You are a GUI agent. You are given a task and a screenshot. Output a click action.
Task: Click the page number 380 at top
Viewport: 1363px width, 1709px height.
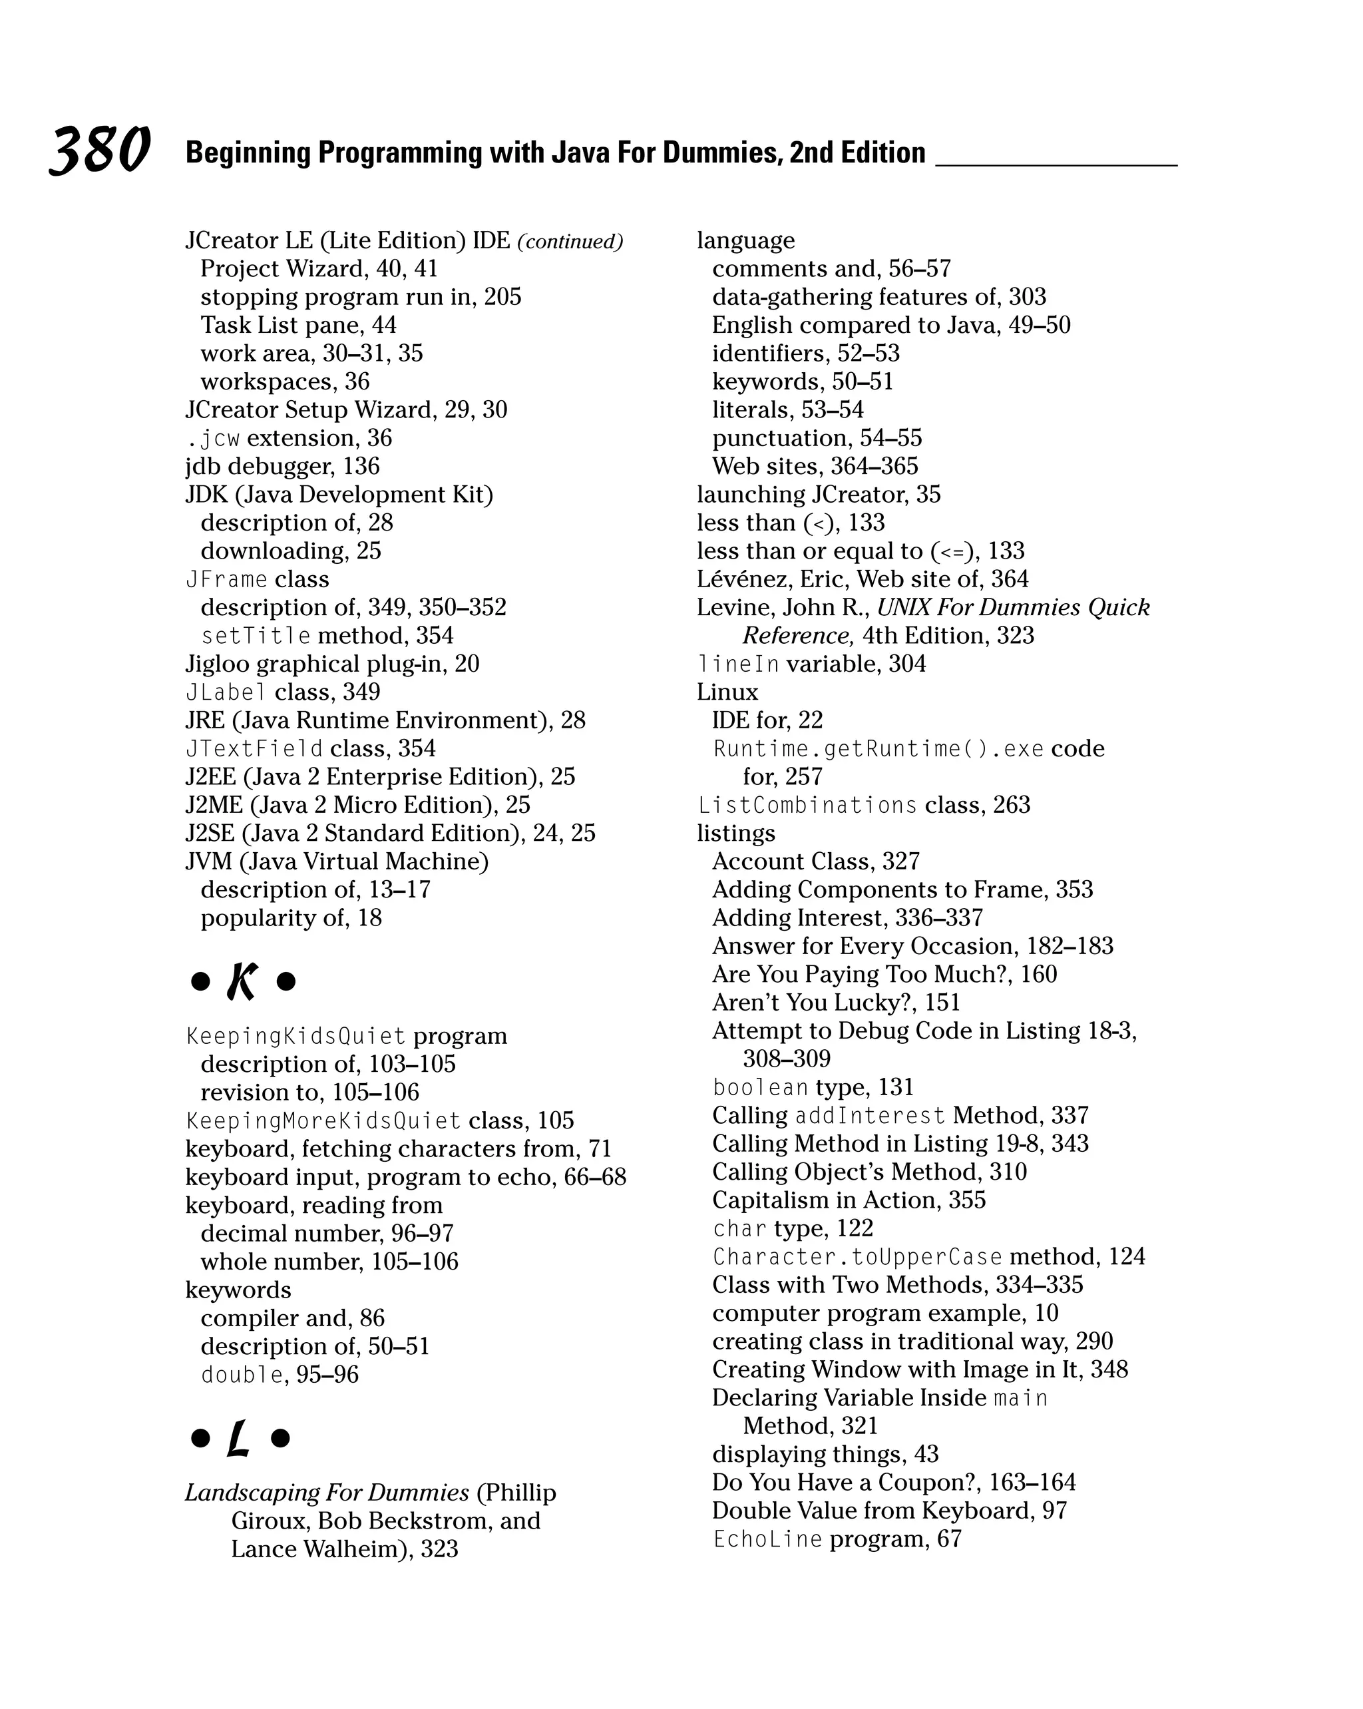click(x=100, y=150)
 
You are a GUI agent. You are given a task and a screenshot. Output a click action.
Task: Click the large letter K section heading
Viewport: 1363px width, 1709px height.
click(x=242, y=982)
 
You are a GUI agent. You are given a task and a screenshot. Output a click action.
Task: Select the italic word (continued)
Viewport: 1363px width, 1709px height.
click(x=570, y=241)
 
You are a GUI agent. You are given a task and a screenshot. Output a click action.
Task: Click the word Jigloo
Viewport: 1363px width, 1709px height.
click(x=217, y=664)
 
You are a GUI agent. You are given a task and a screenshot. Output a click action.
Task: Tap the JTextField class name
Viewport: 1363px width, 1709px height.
click(x=254, y=749)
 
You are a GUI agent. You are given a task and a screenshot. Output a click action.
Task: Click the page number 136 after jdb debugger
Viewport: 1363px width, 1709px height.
click(x=361, y=466)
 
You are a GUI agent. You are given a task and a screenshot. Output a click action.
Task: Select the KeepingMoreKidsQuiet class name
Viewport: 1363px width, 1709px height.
click(x=323, y=1121)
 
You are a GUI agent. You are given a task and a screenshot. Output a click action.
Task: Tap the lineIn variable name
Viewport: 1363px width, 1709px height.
click(x=739, y=664)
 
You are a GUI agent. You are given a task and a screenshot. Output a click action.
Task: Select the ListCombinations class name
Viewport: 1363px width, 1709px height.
click(x=807, y=806)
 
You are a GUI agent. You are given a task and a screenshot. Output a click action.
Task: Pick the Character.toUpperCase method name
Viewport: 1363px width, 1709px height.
click(x=857, y=1257)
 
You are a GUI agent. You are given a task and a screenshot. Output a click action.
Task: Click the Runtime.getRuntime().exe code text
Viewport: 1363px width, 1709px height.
click(x=878, y=749)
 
